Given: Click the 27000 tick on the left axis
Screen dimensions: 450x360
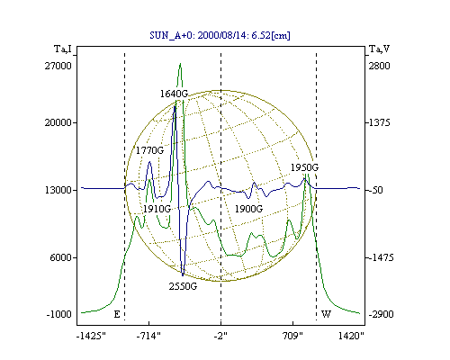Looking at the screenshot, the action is [58, 66].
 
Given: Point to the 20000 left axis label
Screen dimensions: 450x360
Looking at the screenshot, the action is [58, 122].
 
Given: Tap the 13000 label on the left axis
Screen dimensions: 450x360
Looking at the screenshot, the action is [58, 190].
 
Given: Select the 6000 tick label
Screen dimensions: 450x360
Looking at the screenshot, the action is [61, 257].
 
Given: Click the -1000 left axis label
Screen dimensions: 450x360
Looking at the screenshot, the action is [58, 314].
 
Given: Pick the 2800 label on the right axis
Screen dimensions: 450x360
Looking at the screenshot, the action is [379, 66].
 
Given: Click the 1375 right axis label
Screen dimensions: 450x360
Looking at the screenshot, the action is [379, 122].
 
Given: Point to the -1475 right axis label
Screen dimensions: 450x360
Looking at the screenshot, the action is [381, 257].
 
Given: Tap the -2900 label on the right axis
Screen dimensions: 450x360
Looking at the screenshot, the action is [381, 314].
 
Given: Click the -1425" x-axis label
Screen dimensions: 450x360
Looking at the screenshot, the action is [91, 336].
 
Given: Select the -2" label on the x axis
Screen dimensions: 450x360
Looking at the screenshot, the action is [220, 336].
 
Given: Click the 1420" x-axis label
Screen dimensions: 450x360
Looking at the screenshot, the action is [351, 336].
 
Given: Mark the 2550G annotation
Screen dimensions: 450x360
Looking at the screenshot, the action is [183, 286].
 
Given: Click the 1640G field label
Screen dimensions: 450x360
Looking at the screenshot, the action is [174, 94].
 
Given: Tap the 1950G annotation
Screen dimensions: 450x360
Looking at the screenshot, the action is [304, 167].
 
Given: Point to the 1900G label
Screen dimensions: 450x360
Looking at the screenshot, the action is [248, 209].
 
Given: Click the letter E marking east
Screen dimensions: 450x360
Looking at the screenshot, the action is [117, 314].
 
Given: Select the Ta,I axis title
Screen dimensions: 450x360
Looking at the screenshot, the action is [63, 49].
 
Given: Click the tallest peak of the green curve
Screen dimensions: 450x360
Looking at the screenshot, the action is [180, 64].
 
